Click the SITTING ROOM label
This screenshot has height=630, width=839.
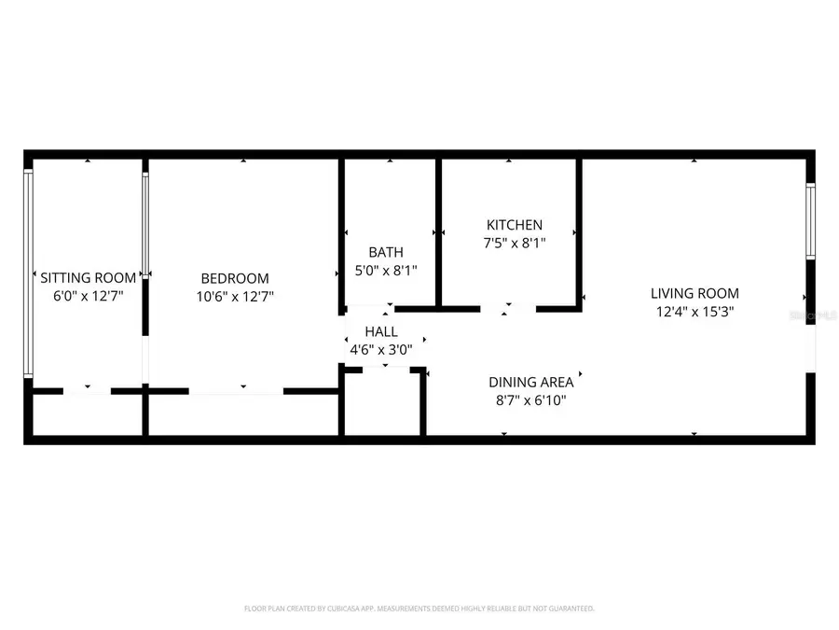(x=89, y=277)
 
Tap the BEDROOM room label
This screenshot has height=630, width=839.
(x=235, y=278)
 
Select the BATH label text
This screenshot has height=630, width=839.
(x=386, y=252)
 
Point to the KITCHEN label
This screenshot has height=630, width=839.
(x=515, y=225)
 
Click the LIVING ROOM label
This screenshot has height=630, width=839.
(x=695, y=293)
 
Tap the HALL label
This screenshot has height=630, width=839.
(x=381, y=331)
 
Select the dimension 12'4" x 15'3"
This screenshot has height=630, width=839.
(x=695, y=312)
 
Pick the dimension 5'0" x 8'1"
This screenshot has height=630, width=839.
(x=387, y=271)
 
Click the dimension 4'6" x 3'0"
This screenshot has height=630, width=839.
(x=380, y=349)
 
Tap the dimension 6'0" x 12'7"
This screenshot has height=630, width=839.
(x=89, y=296)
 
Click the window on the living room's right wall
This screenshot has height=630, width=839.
(x=810, y=221)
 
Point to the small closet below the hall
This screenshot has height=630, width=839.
(x=382, y=403)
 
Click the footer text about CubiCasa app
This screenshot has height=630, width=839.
(x=419, y=609)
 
